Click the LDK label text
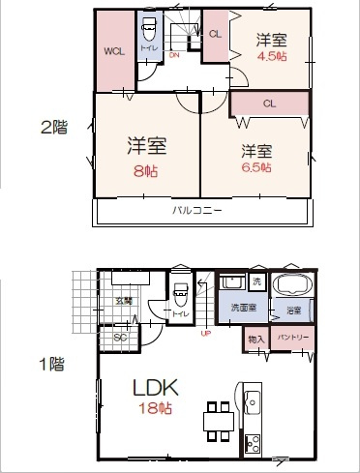(x=156, y=387)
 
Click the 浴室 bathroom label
(x=293, y=310)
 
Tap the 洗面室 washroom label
(x=242, y=308)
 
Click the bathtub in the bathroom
(x=290, y=286)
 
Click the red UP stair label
(x=204, y=335)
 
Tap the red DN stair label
(x=174, y=55)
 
